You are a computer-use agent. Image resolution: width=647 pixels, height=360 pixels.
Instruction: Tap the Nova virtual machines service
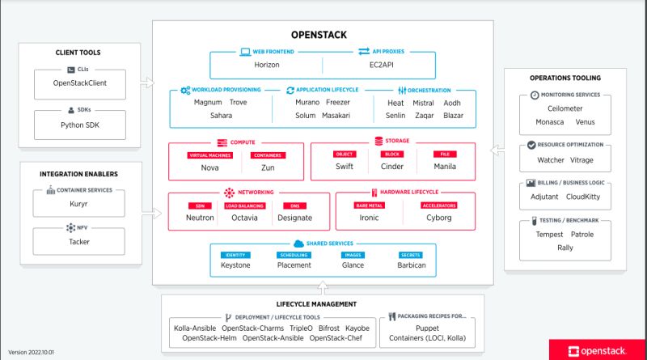(x=210, y=168)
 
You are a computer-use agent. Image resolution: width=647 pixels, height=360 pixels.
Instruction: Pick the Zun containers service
(x=269, y=168)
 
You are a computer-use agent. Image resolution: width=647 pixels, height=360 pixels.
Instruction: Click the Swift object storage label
(x=345, y=167)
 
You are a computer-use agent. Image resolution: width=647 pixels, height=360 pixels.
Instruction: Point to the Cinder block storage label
(x=392, y=167)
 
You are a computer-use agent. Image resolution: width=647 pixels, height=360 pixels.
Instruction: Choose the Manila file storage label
(x=445, y=167)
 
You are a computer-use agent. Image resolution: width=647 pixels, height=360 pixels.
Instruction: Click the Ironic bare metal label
(x=369, y=218)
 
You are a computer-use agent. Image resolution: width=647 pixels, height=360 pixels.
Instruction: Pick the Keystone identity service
(x=235, y=265)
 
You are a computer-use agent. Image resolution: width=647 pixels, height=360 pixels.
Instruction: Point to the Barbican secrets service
(x=411, y=265)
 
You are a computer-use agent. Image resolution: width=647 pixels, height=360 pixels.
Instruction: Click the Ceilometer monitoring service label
(x=564, y=108)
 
